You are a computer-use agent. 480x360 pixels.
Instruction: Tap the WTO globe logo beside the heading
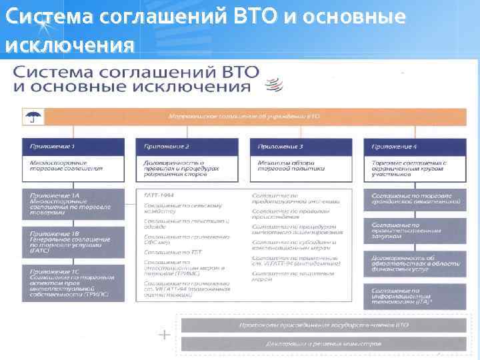(x=273, y=85)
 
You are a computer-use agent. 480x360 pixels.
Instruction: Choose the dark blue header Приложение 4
(x=415, y=146)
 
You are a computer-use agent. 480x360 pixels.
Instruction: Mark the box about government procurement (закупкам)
(x=415, y=231)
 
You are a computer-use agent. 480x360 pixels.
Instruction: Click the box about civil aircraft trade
(x=415, y=198)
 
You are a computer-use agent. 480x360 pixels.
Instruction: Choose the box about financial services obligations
(x=415, y=265)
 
